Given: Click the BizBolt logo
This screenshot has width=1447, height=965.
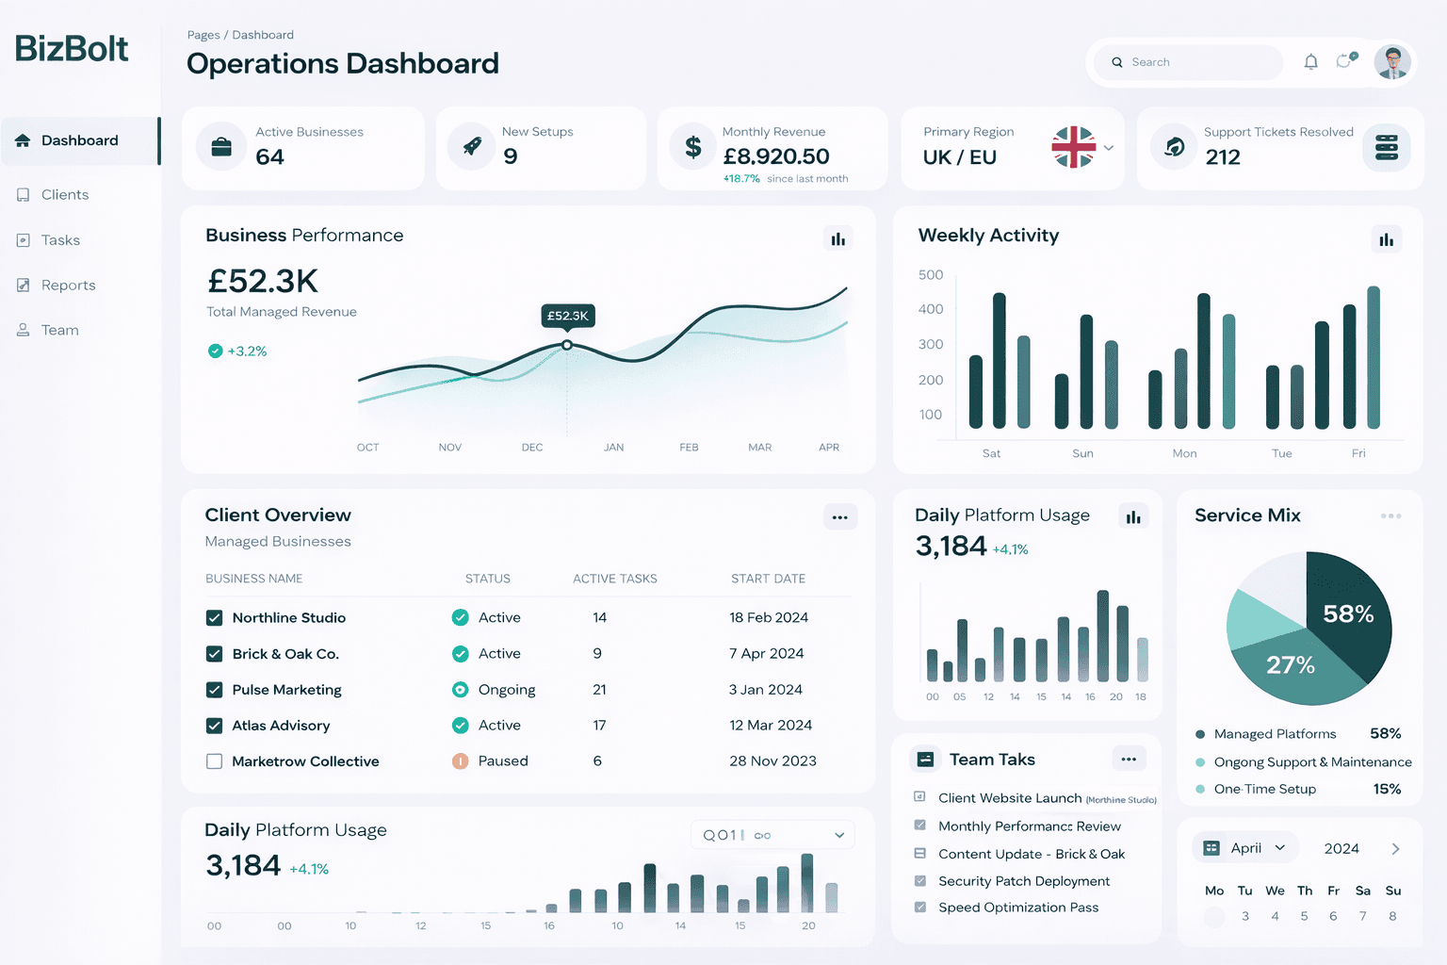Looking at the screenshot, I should (72, 49).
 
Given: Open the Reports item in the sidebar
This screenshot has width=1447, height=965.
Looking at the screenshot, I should (68, 286).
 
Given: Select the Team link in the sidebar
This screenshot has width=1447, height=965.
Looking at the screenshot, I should (59, 331).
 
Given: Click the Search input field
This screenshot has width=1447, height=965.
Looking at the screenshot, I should (1192, 62).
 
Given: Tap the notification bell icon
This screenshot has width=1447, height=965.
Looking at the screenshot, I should (1310, 62).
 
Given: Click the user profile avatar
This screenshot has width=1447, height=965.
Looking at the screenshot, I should (1391, 62).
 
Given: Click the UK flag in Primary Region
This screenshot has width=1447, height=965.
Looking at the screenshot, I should (1074, 147).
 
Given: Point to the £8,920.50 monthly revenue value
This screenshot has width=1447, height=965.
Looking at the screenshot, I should (776, 156).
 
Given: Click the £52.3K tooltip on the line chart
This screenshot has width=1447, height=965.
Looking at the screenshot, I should (568, 316).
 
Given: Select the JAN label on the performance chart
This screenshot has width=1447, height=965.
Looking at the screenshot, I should (613, 448).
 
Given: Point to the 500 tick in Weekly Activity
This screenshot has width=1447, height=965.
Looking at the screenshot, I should (931, 275).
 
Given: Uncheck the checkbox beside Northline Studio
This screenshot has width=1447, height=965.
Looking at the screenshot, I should (215, 618).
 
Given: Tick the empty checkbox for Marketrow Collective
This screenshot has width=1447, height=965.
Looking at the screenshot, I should (215, 761).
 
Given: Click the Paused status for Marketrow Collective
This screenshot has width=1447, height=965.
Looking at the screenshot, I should (502, 761).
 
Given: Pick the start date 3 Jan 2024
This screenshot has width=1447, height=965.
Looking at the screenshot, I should (765, 690).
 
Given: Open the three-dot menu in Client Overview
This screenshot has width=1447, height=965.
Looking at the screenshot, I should (839, 517).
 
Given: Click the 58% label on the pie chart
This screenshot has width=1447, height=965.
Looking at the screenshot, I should (1348, 614).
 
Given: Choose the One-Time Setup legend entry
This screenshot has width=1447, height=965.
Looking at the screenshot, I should (1264, 790).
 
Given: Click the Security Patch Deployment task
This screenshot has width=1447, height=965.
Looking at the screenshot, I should (1024, 881).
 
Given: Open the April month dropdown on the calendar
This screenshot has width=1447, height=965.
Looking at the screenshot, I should (1246, 848).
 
